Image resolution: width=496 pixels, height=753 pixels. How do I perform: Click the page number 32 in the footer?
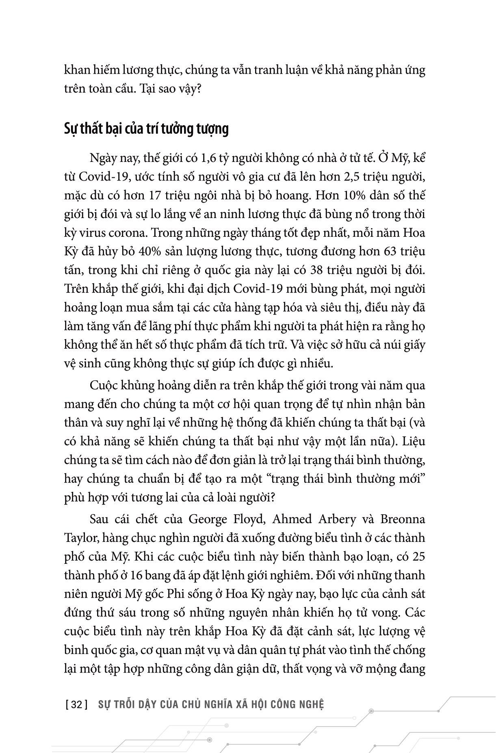76,704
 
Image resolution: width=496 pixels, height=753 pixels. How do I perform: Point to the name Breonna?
403,519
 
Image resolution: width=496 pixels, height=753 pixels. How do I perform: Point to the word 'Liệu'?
412,441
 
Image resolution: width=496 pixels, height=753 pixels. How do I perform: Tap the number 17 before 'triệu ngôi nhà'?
157,195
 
